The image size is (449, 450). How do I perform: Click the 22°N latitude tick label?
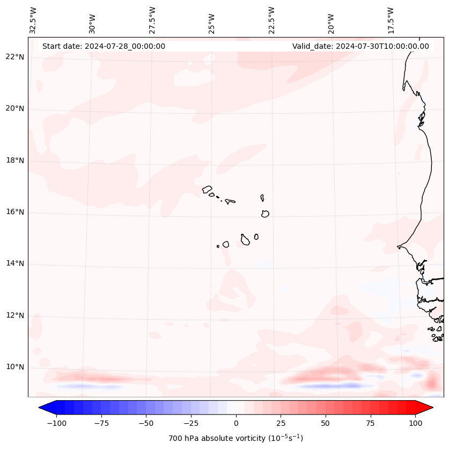[x=15, y=57]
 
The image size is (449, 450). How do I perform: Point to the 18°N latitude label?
[x=15, y=161]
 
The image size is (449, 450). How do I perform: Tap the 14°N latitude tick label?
[x=15, y=264]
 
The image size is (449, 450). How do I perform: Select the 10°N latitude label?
[x=15, y=367]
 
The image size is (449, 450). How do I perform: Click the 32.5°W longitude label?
[x=33, y=20]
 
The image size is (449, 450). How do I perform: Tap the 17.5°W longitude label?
[x=391, y=20]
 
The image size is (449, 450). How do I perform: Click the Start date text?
[x=104, y=46]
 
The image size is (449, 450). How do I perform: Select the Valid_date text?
[x=360, y=46]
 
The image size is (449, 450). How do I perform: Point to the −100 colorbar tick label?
[x=56, y=424]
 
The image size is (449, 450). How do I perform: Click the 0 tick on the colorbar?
[x=235, y=424]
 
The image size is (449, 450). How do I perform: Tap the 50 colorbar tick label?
[x=325, y=424]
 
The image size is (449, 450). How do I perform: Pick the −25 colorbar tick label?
[x=191, y=424]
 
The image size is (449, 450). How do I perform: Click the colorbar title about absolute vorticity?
[x=235, y=439]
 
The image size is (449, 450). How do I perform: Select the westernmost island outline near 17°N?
[x=207, y=189]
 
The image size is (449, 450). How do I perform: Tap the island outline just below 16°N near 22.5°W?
[x=265, y=213]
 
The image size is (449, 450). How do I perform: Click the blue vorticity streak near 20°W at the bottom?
[x=330, y=386]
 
